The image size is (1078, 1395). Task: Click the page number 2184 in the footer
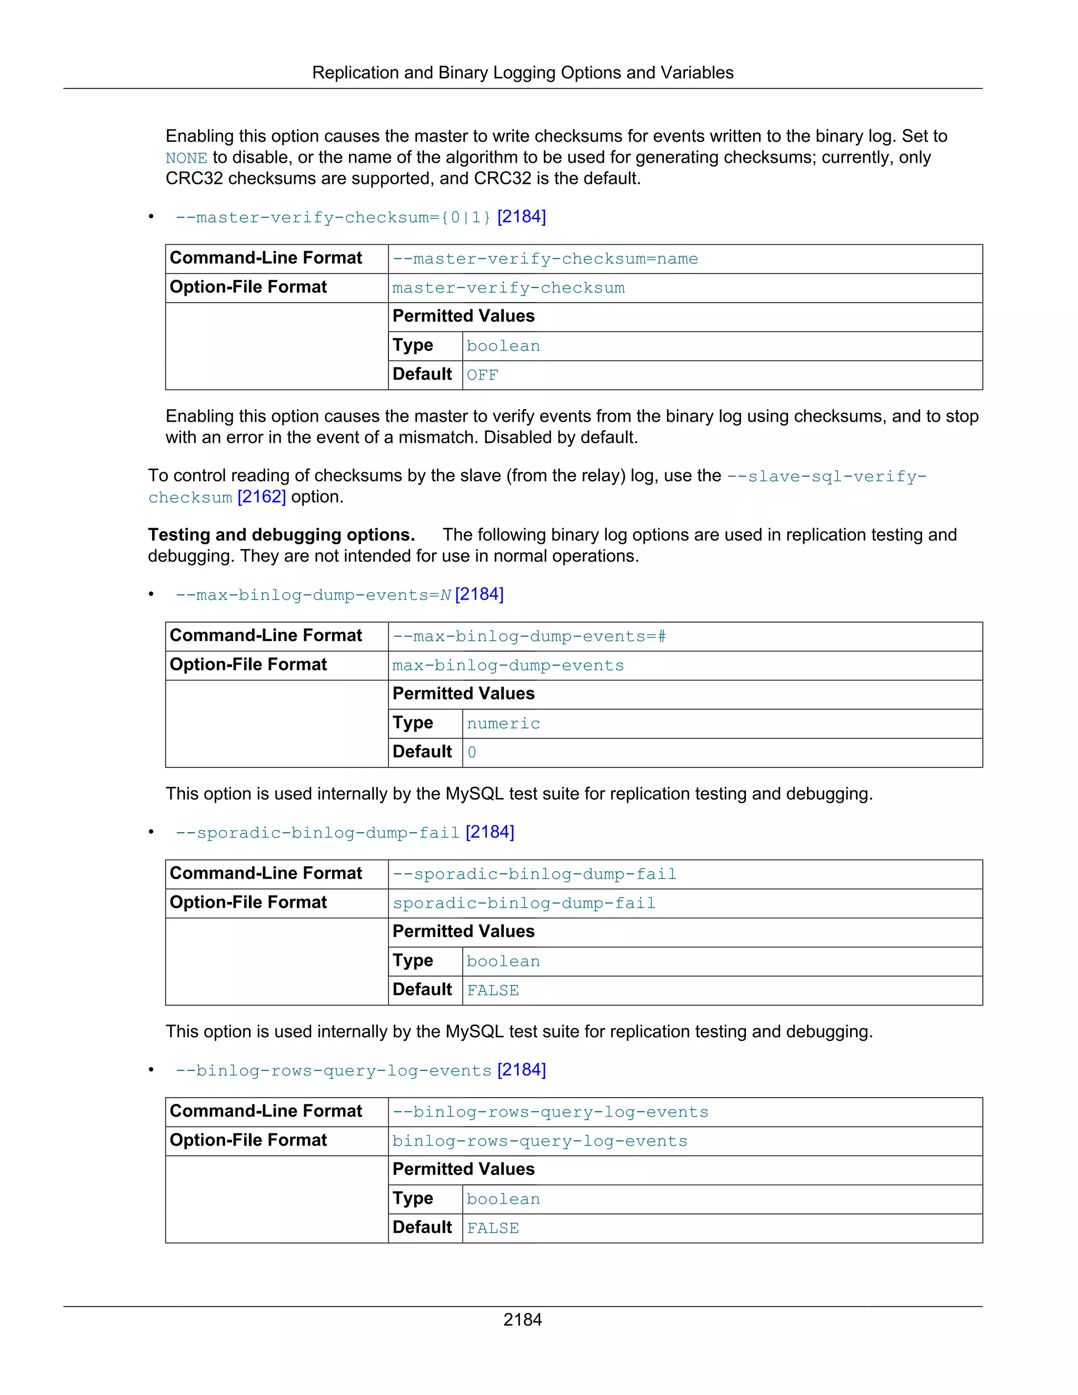522,1320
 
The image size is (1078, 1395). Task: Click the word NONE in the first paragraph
186,158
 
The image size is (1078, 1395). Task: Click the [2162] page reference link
261,497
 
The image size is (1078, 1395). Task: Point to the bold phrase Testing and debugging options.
281,535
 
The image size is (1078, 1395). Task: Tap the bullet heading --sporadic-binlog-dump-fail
317,833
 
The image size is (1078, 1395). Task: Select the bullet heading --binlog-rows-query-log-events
333,1071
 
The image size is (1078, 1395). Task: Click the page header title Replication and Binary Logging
522,73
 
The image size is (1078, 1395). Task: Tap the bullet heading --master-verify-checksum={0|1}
333,218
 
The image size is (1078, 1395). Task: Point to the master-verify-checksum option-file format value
508,288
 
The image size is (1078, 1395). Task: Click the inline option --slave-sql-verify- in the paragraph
826,476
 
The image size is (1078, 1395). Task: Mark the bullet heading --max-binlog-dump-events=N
313,595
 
